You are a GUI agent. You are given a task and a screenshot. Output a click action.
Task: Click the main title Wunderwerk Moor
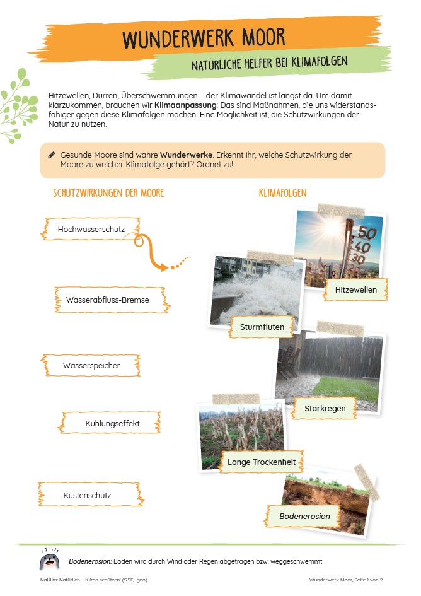tap(204, 38)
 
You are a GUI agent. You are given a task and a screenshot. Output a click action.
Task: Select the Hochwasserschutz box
tap(92, 230)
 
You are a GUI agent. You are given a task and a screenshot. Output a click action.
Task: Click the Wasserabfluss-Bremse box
tap(108, 300)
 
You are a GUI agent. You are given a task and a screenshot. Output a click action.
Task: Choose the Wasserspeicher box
tap(91, 365)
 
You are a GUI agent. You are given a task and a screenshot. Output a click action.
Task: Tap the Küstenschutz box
tap(88, 495)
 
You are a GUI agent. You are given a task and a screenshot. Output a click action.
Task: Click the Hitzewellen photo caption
tap(356, 289)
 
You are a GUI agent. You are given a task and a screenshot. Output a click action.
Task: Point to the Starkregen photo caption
tap(325, 409)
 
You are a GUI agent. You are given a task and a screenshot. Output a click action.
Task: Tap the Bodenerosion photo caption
tap(305, 516)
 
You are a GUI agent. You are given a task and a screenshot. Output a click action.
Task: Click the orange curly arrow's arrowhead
tap(164, 267)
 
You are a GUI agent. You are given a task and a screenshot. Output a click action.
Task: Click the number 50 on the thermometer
tap(367, 233)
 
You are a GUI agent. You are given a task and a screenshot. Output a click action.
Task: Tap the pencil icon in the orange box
tap(52, 155)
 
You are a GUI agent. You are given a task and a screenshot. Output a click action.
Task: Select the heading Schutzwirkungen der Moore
tap(108, 193)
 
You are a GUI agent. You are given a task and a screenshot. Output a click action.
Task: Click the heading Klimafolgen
tap(282, 193)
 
